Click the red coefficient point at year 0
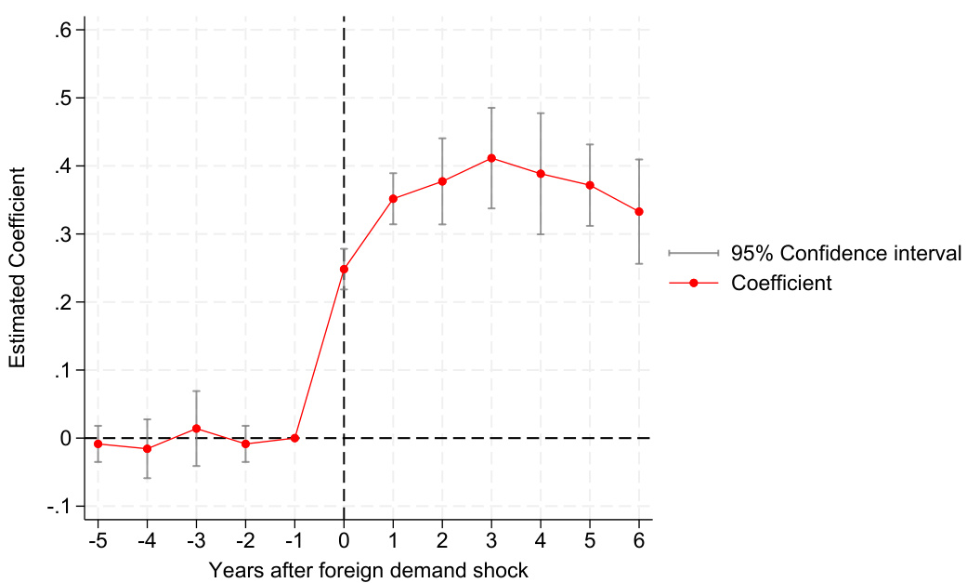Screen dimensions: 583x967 coord(344,269)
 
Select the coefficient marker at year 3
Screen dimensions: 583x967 coord(491,158)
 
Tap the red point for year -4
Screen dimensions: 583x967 coord(147,448)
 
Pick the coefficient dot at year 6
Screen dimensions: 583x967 coord(639,212)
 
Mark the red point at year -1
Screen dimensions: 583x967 coord(294,438)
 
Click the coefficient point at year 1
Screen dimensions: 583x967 coord(393,199)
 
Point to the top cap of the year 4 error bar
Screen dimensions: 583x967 coord(541,113)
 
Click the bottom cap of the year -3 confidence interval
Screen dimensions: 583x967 coord(196,466)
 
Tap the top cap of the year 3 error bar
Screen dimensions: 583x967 coord(491,108)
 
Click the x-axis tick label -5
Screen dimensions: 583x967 coord(96,541)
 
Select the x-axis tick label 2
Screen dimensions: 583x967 coord(442,541)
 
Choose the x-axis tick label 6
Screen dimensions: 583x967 coord(639,541)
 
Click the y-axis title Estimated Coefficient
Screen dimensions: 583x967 coord(18,268)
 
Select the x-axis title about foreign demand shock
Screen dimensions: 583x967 coord(369,568)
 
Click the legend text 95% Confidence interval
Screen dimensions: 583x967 coord(845,253)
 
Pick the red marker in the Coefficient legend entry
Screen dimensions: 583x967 coord(693,283)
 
